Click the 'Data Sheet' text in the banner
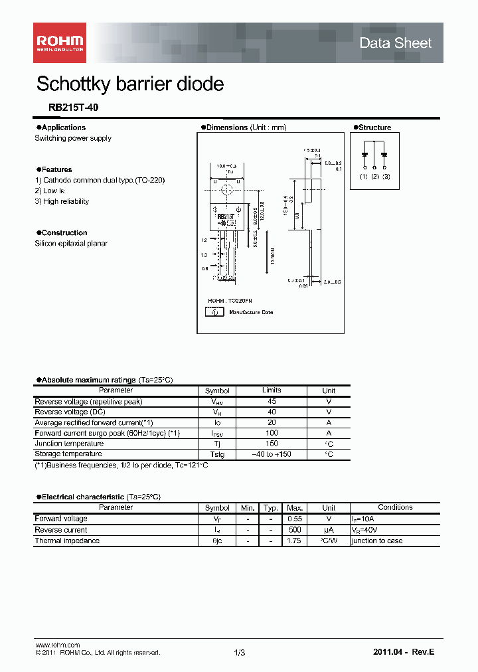coord(395,43)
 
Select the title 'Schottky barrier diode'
coord(130,84)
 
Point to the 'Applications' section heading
coord(63,127)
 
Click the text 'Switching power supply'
coord(73,138)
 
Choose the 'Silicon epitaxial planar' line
coord(71,244)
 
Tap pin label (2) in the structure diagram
coord(374,177)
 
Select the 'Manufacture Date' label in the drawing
coord(251,312)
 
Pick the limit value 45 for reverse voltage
coord(272,401)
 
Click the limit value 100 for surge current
coord(272,433)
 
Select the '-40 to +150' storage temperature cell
coord(272,454)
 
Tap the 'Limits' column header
coord(272,390)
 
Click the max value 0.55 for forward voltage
coord(294,519)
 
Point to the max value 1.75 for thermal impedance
coord(294,541)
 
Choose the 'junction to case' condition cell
coord(376,541)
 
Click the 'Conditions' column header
coord(395,507)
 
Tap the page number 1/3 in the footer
coord(240,653)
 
